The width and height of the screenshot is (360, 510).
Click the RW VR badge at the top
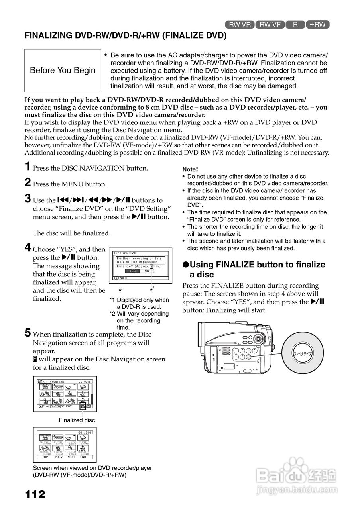click(x=240, y=24)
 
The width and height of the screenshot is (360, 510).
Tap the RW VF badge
click(x=270, y=24)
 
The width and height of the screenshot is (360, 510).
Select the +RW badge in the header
click(x=317, y=24)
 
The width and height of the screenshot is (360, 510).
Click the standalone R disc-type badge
click(x=295, y=24)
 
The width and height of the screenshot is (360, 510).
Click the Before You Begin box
click(x=63, y=71)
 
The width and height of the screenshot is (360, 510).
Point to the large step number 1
click(x=28, y=167)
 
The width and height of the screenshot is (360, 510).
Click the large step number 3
click(x=28, y=198)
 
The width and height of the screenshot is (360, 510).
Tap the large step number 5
click(x=28, y=333)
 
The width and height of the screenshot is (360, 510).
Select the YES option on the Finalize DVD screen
click(x=132, y=271)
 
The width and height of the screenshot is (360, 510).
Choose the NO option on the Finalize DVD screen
click(x=147, y=271)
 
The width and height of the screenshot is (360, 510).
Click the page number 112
click(x=35, y=494)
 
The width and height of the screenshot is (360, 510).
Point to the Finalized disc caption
click(x=77, y=420)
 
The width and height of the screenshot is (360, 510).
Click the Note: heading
click(x=190, y=169)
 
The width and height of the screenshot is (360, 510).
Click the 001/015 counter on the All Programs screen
click(x=85, y=381)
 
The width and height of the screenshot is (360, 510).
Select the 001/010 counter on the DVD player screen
click(x=85, y=432)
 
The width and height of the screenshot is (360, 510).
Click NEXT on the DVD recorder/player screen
click(x=71, y=457)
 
